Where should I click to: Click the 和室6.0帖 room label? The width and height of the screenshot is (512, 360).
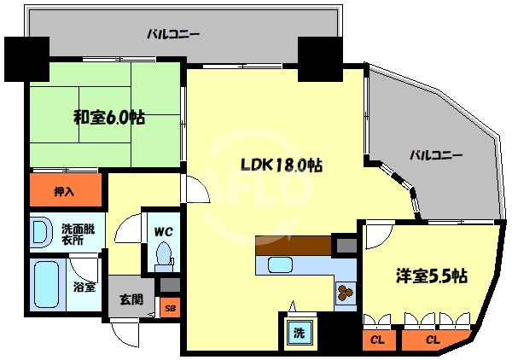pyautogui.click(x=108, y=118)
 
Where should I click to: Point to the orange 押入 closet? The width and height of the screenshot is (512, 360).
pyautogui.click(x=65, y=190)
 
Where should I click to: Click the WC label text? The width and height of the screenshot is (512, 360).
pyautogui.click(x=164, y=229)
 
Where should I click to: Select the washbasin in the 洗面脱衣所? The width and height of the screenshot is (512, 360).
pyautogui.click(x=39, y=233)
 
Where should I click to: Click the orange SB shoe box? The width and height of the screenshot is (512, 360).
pyautogui.click(x=170, y=308)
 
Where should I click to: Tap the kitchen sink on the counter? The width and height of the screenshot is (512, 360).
pyautogui.click(x=282, y=264)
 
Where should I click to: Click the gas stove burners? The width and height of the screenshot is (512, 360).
pyautogui.click(x=346, y=293)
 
